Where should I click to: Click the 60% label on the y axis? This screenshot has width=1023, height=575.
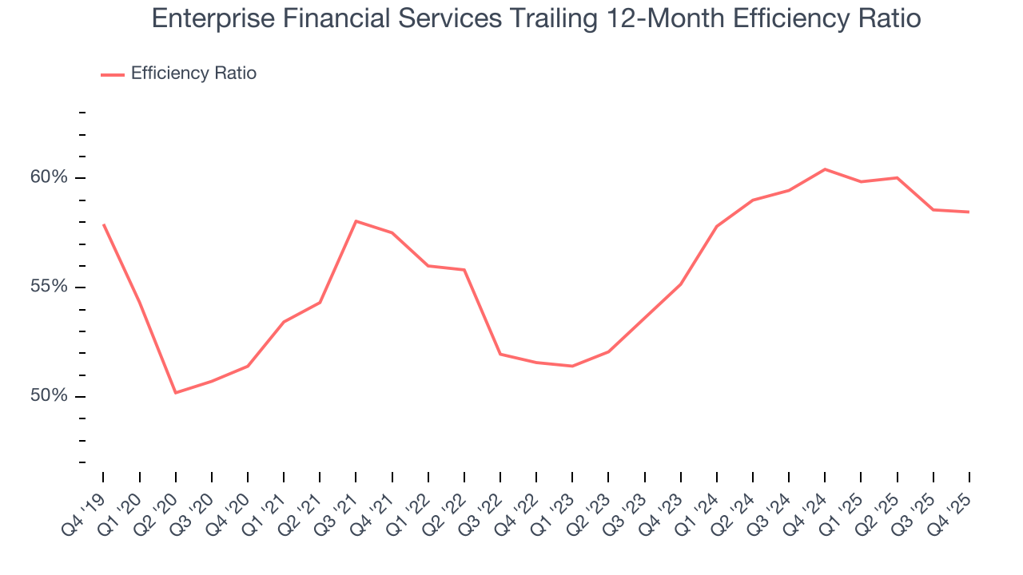48,177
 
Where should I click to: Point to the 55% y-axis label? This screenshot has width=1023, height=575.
48,287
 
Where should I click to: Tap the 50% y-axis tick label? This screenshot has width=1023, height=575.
48,396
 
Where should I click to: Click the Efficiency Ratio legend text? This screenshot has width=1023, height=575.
193,73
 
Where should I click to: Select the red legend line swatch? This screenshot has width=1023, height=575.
113,74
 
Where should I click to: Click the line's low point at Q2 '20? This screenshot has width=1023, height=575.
176,392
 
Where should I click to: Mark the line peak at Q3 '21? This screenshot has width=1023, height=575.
356,221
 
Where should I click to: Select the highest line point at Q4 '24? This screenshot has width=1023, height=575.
825,169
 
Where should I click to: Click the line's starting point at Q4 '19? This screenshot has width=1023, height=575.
104,224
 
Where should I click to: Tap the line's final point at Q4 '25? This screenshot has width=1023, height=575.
969,212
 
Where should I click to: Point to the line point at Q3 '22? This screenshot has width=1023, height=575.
500,354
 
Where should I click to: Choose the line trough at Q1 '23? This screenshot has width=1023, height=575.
572,366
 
